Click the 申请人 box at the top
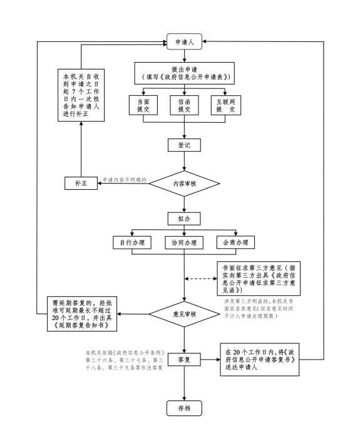184,42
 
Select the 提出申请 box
185,73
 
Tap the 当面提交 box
143,105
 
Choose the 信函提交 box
184,105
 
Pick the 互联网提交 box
225,105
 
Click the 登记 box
184,145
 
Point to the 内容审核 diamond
185,184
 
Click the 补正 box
81,183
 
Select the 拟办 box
184,219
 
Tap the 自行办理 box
132,242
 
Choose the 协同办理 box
184,243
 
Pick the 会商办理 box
235,242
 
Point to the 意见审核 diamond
185,314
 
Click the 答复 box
184,360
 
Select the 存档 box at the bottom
184,408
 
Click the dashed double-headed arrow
201,279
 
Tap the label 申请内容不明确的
125,180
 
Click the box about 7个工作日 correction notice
81,95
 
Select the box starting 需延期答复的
82,314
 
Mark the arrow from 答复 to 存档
184,383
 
